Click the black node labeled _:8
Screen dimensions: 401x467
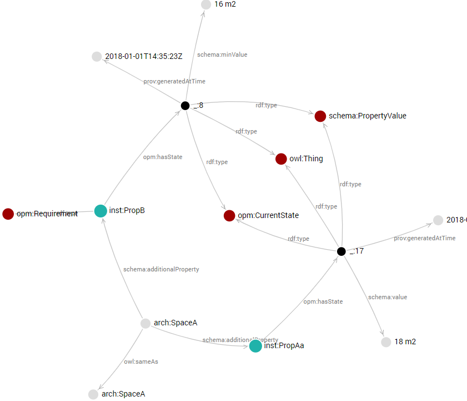coord(185,106)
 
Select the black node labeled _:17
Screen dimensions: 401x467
coord(342,251)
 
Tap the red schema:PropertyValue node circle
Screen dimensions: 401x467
coord(320,116)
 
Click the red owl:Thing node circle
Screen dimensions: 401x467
coord(281,159)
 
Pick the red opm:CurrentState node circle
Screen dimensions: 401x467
coord(229,215)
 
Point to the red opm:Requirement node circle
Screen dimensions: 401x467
coord(8,214)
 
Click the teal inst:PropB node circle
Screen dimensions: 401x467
coord(101,211)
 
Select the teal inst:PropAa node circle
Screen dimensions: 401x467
coord(255,346)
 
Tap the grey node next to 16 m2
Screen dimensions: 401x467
coord(206,4)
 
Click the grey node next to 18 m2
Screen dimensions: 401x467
coord(386,342)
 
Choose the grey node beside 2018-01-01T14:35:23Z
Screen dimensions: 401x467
coord(97,56)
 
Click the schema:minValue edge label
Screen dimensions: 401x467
coord(222,55)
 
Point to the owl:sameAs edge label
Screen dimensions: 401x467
coord(141,362)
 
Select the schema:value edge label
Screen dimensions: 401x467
coord(388,297)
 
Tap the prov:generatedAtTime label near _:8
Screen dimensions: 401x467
coord(174,81)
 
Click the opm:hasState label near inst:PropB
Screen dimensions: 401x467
coord(163,157)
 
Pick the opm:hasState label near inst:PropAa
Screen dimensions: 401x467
coord(323,301)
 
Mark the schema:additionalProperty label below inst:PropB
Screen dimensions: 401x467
coord(161,269)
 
